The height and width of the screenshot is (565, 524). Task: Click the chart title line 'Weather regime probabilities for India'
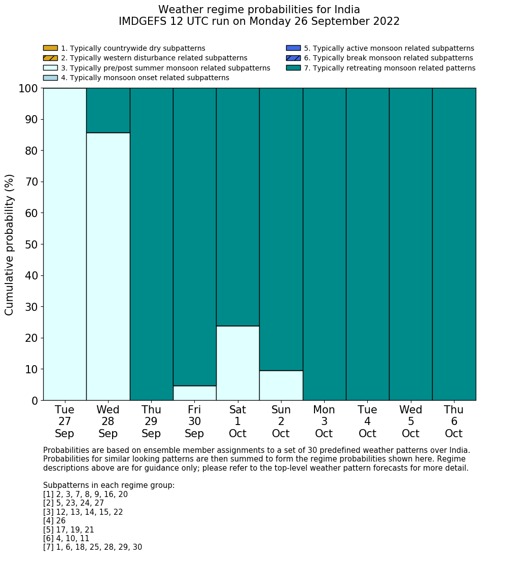click(259, 10)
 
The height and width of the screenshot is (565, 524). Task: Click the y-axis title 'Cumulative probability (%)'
click(10, 244)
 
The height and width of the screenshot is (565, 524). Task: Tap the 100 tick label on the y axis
click(28, 89)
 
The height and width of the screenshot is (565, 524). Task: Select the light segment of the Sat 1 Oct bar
click(237, 363)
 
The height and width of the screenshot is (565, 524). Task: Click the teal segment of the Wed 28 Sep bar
click(108, 111)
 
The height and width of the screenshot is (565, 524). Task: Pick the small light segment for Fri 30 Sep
click(194, 393)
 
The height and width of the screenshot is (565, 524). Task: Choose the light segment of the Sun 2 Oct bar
click(281, 385)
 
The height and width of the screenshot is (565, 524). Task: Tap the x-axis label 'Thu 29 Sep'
click(151, 421)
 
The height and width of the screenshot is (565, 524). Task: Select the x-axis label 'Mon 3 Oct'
click(324, 421)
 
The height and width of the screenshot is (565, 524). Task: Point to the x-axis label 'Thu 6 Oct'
click(454, 421)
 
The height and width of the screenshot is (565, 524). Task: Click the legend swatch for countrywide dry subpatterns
click(50, 48)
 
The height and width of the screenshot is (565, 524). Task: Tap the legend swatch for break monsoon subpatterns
click(293, 58)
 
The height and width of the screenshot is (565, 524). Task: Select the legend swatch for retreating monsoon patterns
click(293, 68)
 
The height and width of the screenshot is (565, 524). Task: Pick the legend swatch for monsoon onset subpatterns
click(50, 78)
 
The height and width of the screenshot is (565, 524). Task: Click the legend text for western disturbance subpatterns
click(154, 58)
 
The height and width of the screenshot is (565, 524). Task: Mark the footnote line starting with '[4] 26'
click(54, 521)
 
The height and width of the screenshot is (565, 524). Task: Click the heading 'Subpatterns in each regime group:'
click(109, 485)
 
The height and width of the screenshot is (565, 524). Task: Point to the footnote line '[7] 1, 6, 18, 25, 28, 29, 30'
click(92, 547)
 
